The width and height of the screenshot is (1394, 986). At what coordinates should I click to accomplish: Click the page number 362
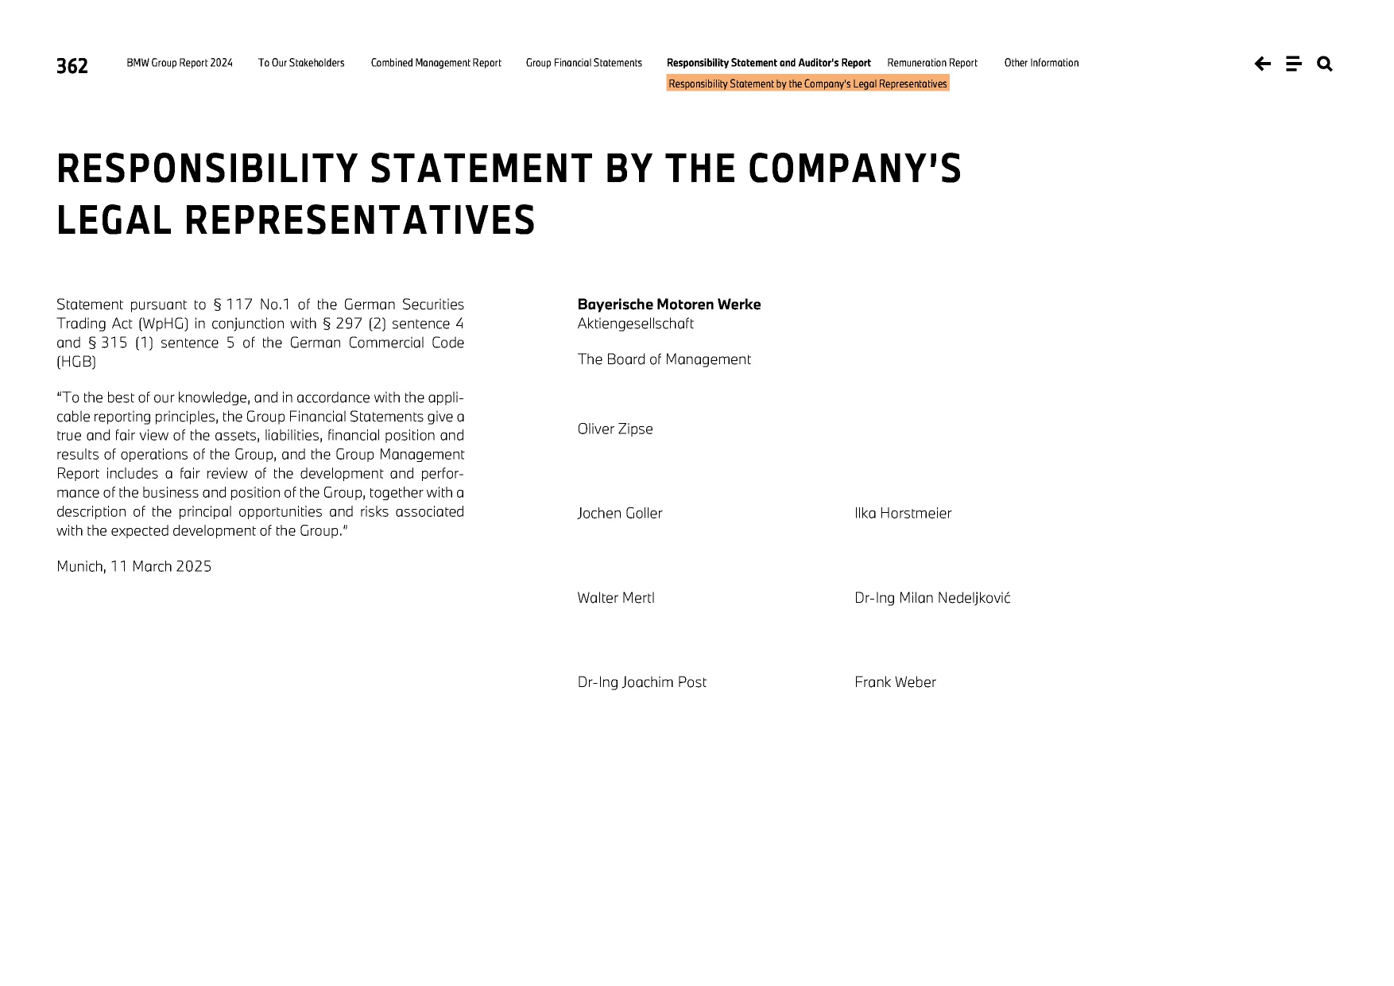(x=72, y=65)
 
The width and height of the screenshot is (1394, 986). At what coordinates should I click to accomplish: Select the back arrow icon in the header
(x=1262, y=64)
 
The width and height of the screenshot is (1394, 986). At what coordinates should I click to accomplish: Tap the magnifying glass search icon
(x=1324, y=64)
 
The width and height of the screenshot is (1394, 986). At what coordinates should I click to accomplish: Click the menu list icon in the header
(x=1293, y=64)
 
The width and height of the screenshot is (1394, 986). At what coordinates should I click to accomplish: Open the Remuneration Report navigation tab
(x=932, y=63)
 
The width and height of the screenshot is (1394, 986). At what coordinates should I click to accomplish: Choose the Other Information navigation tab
(x=1041, y=63)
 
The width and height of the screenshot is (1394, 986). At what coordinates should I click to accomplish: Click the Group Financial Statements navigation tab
(x=583, y=63)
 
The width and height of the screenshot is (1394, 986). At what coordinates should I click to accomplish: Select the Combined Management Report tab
(x=436, y=63)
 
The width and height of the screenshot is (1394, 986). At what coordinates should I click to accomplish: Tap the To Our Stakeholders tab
(x=301, y=63)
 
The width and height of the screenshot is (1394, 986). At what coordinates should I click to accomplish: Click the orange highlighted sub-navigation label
(x=807, y=83)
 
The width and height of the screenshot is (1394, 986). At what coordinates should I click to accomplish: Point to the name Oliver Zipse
(x=615, y=429)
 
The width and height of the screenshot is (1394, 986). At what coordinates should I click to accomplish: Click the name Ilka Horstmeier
(x=903, y=514)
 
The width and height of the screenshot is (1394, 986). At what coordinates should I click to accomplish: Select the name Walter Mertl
(x=616, y=598)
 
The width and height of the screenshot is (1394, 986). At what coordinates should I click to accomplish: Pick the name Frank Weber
(x=895, y=682)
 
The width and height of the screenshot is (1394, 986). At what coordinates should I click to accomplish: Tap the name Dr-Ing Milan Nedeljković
(x=932, y=598)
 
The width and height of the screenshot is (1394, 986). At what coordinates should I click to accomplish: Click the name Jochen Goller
(x=620, y=514)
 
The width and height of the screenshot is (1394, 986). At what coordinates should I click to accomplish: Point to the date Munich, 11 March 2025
(x=134, y=567)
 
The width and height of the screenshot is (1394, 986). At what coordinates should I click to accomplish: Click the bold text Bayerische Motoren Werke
(x=669, y=305)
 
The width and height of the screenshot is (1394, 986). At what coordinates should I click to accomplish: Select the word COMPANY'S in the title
(x=854, y=169)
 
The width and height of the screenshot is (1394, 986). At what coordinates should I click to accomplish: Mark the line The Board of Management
(x=664, y=359)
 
